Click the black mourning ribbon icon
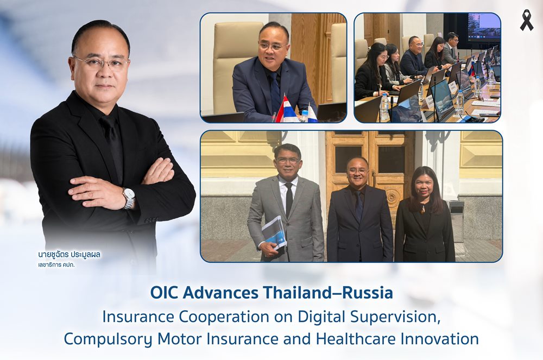tap(526, 20)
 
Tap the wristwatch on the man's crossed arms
tap(129, 198)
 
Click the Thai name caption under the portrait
tap(70, 255)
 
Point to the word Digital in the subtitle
tap(319, 317)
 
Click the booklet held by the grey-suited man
tap(274, 232)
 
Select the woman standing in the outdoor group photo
tap(424, 214)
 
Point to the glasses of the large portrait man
tap(102, 63)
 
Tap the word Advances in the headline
tap(220, 293)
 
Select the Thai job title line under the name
tap(56, 265)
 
